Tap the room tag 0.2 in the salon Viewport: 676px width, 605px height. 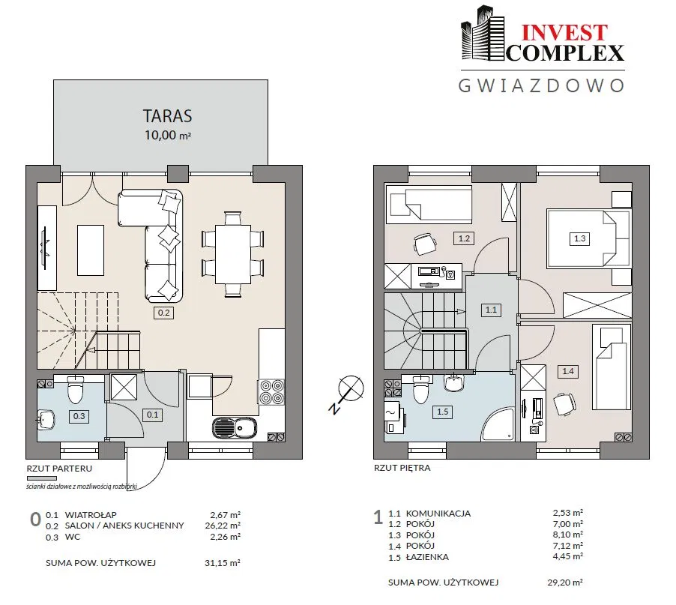pos(164,313)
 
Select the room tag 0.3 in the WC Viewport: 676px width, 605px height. pos(79,416)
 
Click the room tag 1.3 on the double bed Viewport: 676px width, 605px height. pos(580,238)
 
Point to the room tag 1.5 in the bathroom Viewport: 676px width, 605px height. pos(443,412)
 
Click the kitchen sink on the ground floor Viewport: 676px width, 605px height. pos(235,428)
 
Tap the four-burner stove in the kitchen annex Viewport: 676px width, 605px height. pos(271,391)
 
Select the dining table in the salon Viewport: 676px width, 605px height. pos(233,254)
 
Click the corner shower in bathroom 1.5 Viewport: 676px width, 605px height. pos(498,424)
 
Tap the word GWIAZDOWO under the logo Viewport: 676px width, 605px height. pos(542,85)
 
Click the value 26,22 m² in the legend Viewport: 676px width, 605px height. pos(223,526)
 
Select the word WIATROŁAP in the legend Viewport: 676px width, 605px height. pos(91,515)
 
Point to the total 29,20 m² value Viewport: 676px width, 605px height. pos(565,583)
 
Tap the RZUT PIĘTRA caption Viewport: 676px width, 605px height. pos(402,468)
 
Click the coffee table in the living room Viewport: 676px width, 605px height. pos(91,250)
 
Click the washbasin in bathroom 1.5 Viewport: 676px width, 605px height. pos(453,382)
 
